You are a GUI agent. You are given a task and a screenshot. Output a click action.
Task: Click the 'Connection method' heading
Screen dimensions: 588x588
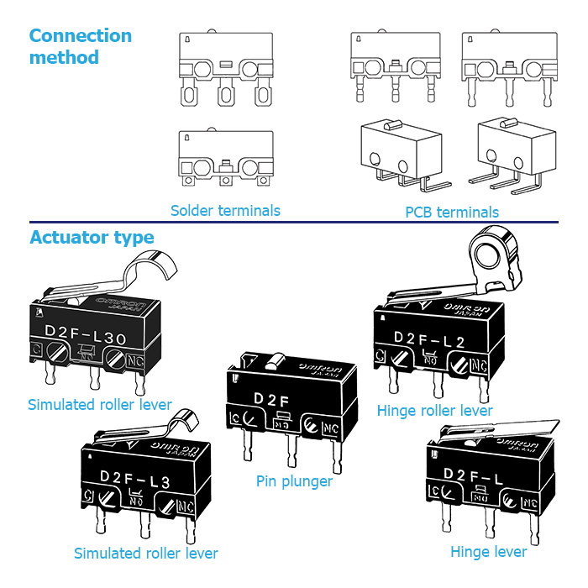coord(80,46)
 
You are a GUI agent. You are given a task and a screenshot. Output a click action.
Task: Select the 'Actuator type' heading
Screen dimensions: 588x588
coord(92,238)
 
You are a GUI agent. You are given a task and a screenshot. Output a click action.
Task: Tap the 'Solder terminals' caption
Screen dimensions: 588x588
coord(225,211)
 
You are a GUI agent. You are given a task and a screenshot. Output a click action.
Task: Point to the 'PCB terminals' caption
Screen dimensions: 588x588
coord(452,212)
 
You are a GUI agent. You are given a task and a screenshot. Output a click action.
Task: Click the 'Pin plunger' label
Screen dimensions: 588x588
coord(294,481)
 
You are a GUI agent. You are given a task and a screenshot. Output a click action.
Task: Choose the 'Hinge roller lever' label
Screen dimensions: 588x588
coord(434,411)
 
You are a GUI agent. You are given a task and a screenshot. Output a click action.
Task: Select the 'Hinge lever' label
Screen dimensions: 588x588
coord(489,552)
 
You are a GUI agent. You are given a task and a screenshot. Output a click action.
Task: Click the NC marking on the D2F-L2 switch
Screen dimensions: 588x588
coord(479,365)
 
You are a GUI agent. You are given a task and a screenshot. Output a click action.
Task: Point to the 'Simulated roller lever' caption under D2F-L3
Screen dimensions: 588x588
coord(145,554)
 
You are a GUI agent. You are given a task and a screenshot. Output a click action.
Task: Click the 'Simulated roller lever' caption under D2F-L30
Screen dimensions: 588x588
coord(99,405)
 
